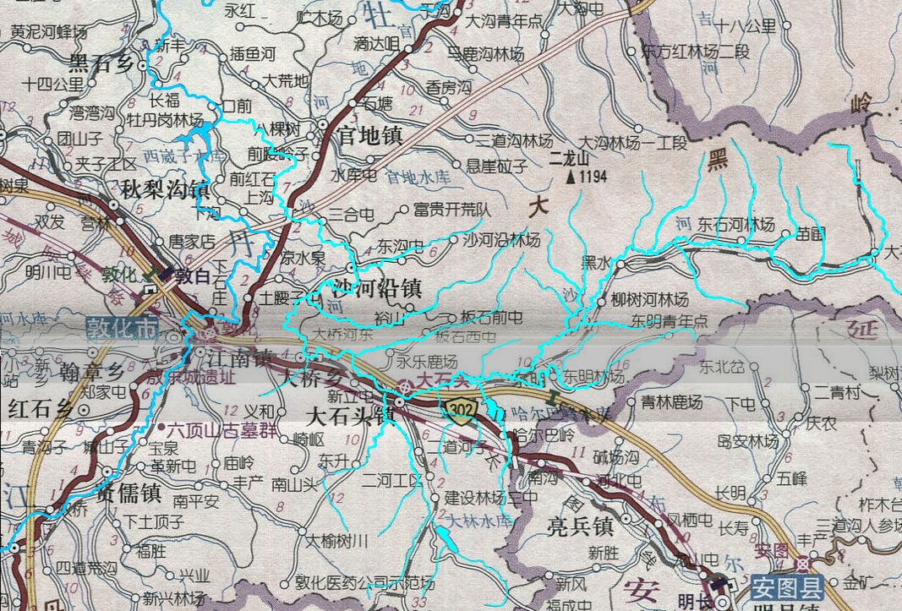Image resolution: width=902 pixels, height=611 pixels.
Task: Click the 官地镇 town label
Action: tap(370, 134)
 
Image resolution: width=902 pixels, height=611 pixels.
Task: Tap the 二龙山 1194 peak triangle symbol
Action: tap(571, 177)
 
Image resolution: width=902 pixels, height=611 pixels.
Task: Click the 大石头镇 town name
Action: tap(349, 417)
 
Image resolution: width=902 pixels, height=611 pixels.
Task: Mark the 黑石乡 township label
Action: tap(102, 62)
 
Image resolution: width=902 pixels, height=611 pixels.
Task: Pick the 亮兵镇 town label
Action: tap(580, 526)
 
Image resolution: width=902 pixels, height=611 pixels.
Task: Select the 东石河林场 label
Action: tap(735, 225)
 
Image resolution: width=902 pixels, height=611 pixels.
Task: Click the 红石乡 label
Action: tap(39, 409)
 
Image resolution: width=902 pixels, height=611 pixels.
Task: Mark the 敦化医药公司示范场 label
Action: tap(364, 583)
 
